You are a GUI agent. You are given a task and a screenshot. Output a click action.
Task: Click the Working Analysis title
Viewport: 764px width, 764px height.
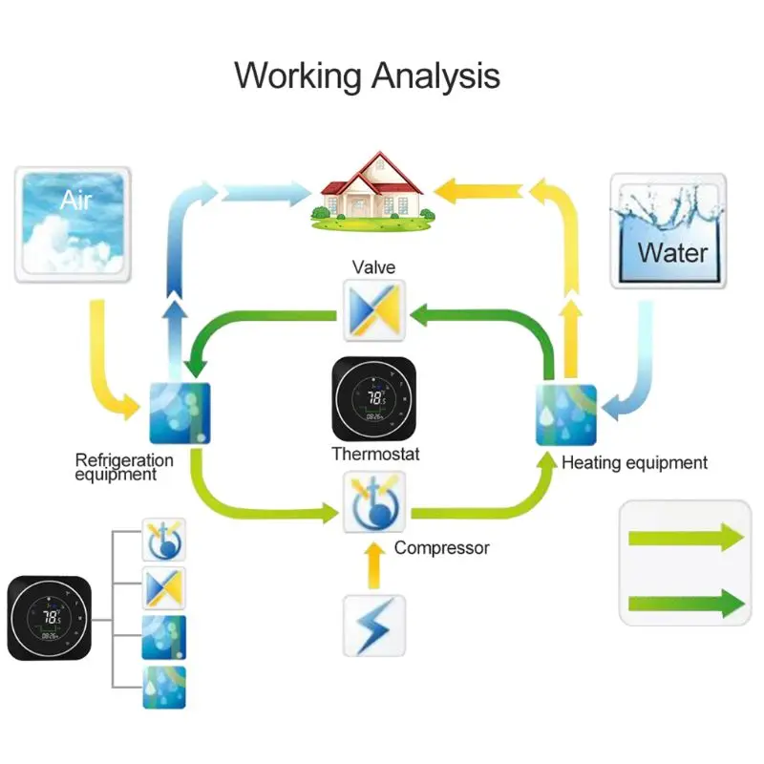pyautogui.click(x=367, y=74)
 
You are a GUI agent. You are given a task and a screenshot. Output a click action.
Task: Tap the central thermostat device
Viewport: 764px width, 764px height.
pyautogui.click(x=374, y=399)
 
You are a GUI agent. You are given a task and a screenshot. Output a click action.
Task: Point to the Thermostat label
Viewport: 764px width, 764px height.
pyautogui.click(x=375, y=454)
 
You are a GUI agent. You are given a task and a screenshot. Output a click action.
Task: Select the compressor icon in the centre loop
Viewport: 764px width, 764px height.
pyautogui.click(x=374, y=502)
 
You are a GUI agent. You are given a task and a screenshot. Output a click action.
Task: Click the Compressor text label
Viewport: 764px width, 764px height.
pyautogui.click(x=441, y=547)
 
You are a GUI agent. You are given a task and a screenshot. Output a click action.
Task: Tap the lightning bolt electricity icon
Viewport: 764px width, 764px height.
pyautogui.click(x=374, y=626)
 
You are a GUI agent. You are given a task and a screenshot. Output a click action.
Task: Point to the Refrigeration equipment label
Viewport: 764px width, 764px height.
pyautogui.click(x=124, y=467)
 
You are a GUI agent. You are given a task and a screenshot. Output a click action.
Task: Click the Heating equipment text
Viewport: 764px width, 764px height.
pyautogui.click(x=634, y=463)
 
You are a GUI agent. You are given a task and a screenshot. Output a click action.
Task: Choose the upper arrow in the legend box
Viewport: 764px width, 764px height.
pyautogui.click(x=685, y=538)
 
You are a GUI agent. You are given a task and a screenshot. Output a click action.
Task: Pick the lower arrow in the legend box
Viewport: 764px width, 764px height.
pyautogui.click(x=685, y=603)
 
